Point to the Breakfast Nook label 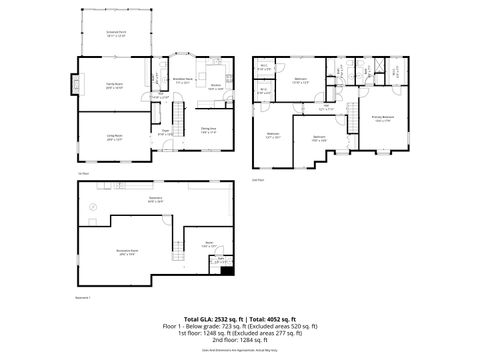click(183, 82)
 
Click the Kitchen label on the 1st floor click(214, 88)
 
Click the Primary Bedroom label click(382, 118)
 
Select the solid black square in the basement click(227, 269)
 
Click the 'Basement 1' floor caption click(84, 297)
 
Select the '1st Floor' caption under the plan click(84, 173)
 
